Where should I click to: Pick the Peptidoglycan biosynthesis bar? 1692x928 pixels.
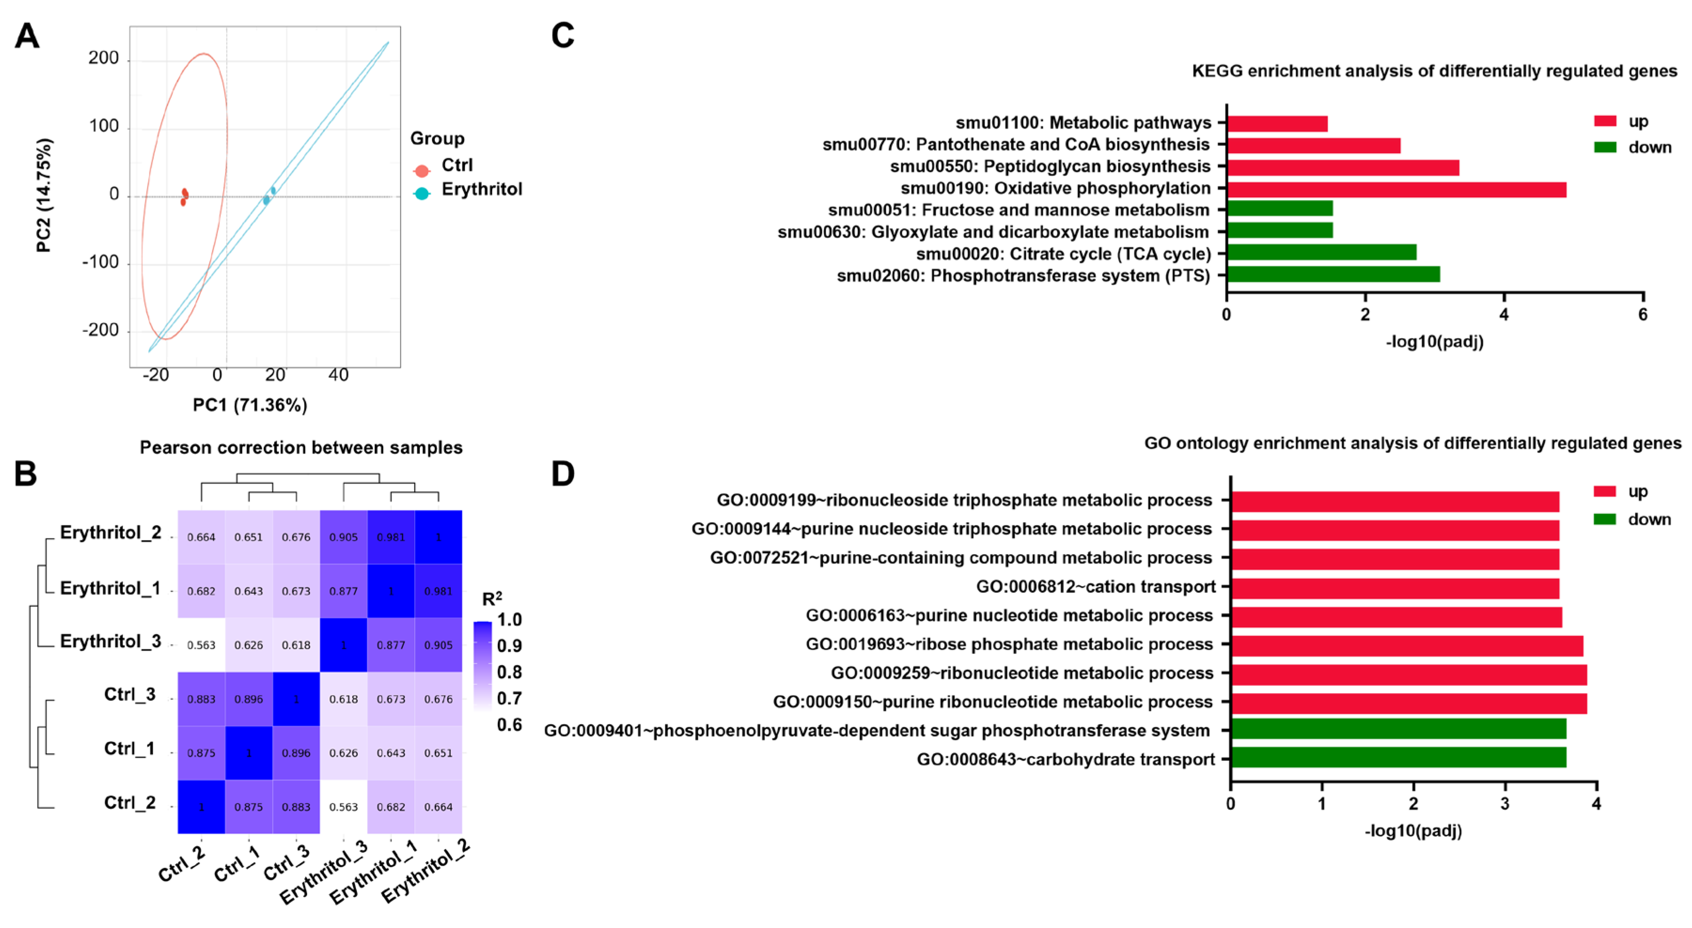click(x=1343, y=167)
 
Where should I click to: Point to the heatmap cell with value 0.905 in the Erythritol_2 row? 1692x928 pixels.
click(x=344, y=537)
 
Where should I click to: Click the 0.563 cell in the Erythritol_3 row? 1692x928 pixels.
click(x=201, y=645)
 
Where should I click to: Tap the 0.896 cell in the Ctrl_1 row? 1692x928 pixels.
click(x=296, y=753)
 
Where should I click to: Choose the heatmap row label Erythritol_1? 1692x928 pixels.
click(x=110, y=588)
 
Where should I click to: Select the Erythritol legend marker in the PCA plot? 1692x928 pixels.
click(x=422, y=193)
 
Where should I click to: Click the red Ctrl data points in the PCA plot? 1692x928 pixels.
click(x=185, y=196)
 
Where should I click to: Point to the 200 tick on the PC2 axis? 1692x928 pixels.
click(x=104, y=58)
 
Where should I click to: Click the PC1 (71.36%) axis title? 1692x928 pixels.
click(x=250, y=405)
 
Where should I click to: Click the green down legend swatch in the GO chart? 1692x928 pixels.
click(x=1605, y=519)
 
